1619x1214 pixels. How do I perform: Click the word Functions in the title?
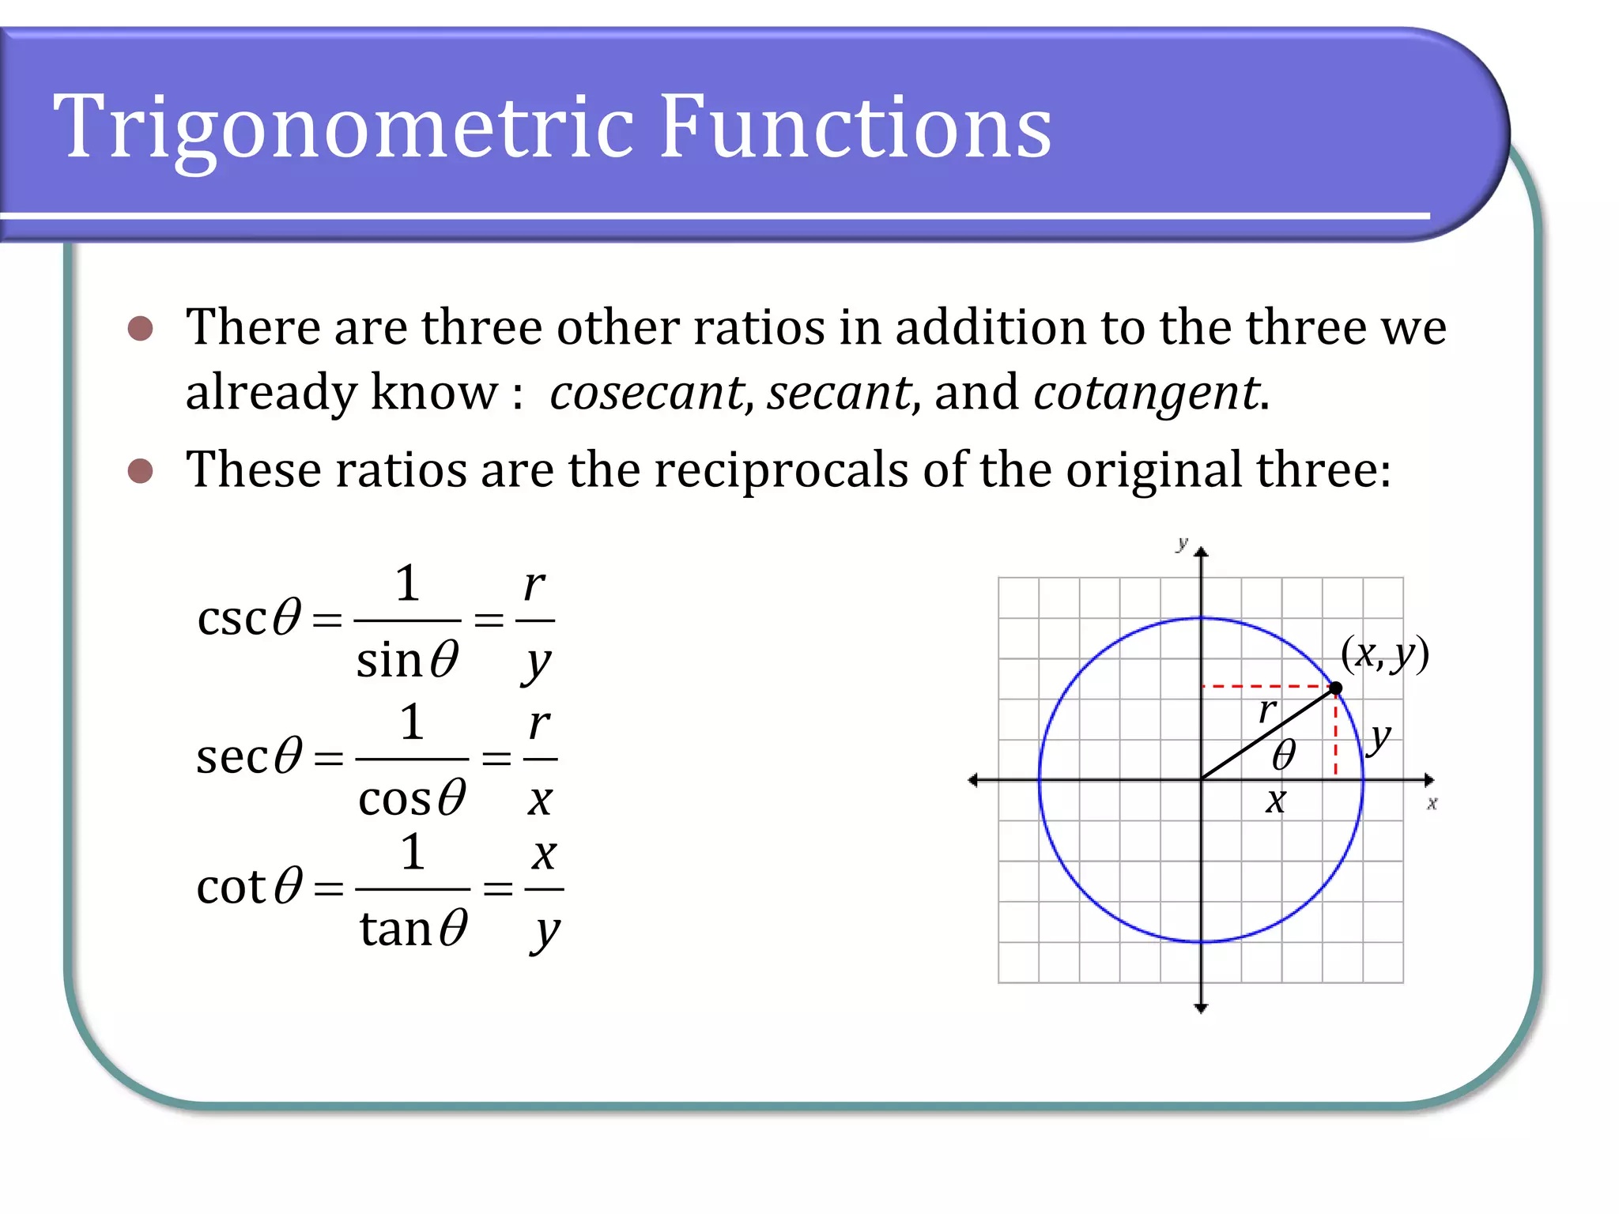(x=855, y=126)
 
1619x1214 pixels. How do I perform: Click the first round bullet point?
(x=140, y=329)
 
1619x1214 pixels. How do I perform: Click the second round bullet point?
(x=140, y=471)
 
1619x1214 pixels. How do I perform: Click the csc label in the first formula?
(x=231, y=618)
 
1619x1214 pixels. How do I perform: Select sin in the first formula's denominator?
(x=388, y=660)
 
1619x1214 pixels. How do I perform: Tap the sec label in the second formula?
(x=232, y=756)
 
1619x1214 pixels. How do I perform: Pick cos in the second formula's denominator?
(x=394, y=799)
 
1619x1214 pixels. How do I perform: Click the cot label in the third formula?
(x=231, y=887)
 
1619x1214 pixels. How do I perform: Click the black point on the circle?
(x=1336, y=688)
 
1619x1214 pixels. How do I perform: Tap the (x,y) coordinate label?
(x=1385, y=654)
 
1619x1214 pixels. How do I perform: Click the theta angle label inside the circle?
(x=1284, y=755)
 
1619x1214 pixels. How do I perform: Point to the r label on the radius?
(x=1267, y=711)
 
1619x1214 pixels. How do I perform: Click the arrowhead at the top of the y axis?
(x=1202, y=551)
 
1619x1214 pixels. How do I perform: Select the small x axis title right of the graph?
(x=1432, y=804)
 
